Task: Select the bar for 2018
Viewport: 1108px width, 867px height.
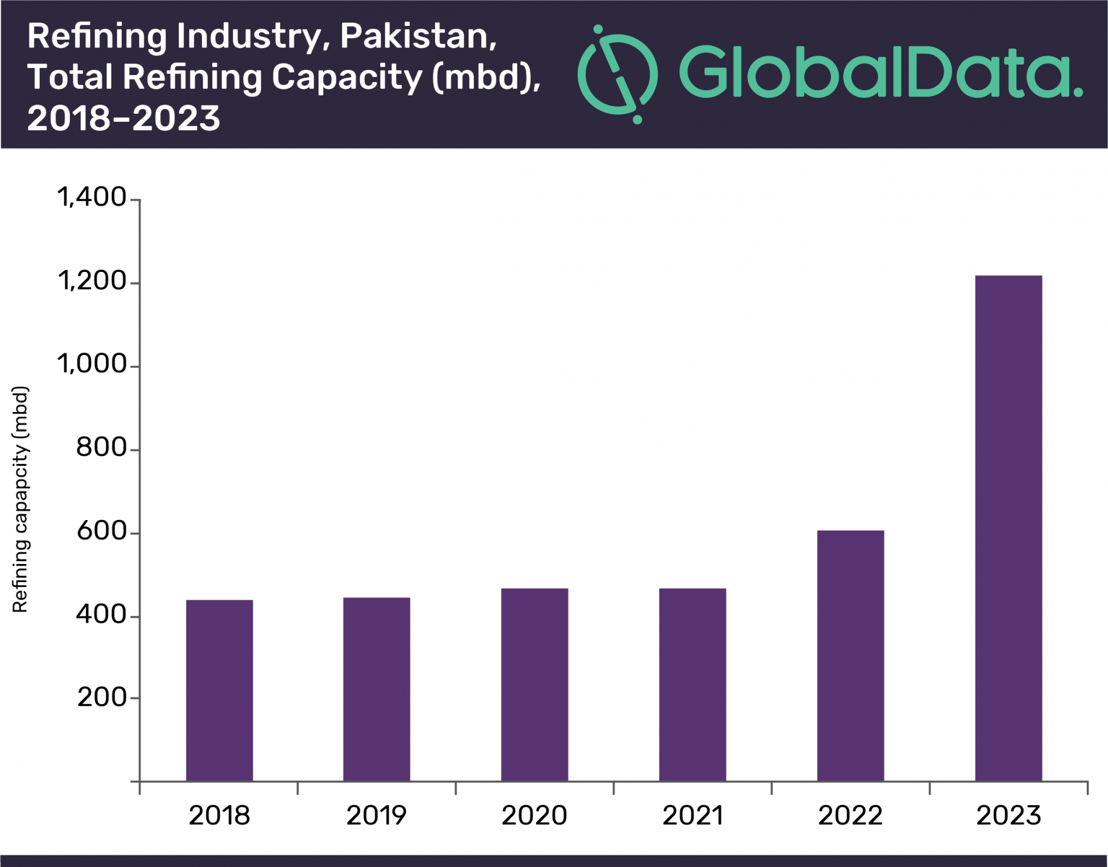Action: click(219, 690)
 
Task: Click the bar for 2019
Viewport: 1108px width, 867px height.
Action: click(376, 689)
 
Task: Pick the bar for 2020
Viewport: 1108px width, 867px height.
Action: click(534, 685)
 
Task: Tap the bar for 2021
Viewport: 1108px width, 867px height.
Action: click(692, 685)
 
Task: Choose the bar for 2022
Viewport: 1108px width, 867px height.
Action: click(850, 656)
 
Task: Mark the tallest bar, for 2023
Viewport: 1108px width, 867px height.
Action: click(1008, 528)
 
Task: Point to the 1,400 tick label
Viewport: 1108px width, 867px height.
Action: click(92, 197)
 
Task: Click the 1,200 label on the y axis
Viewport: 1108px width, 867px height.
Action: click(92, 281)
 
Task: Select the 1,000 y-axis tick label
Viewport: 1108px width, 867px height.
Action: click(92, 364)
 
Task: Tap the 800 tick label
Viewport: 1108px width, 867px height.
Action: click(101, 447)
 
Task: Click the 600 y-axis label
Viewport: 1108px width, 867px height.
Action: click(101, 531)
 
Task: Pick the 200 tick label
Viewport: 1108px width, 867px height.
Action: click(102, 697)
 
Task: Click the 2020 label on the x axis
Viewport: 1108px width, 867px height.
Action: click(534, 816)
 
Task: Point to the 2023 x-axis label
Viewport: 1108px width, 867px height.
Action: click(1008, 816)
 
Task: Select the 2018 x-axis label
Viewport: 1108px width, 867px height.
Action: click(219, 816)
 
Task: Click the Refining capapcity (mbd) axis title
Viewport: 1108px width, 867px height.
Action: click(20, 499)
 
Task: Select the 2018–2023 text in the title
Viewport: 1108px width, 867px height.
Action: click(123, 118)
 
